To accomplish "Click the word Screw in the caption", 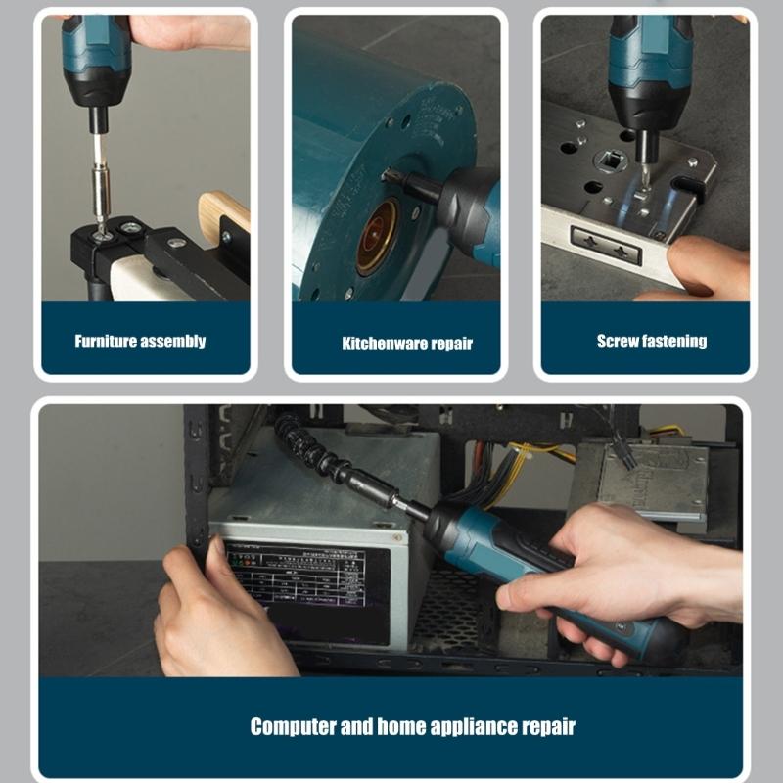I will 618,342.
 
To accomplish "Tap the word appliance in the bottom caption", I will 474,726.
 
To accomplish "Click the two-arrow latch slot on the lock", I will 606,246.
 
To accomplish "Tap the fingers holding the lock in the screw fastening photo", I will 699,269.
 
